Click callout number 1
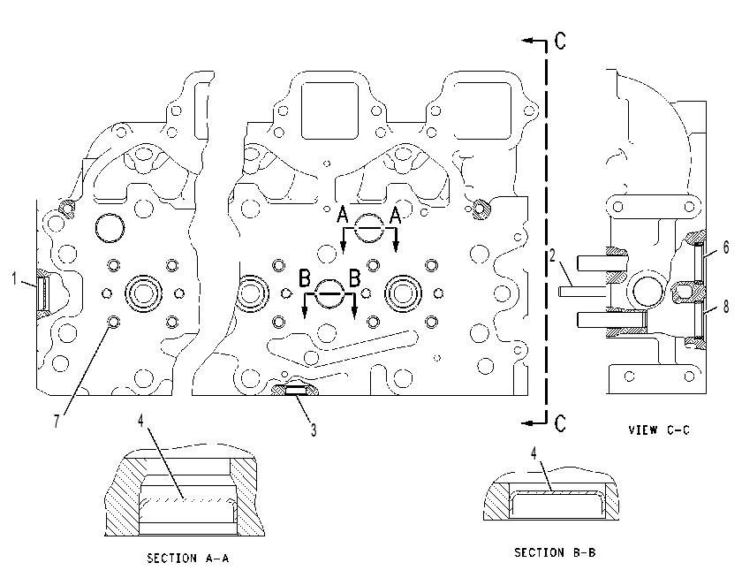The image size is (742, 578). click(x=15, y=278)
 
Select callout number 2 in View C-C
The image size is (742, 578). click(x=552, y=255)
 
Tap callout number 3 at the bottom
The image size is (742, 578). click(x=314, y=430)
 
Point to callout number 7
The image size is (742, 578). click(x=57, y=421)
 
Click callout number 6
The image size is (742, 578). click(x=726, y=247)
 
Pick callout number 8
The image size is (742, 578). click(x=726, y=307)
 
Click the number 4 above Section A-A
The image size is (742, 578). click(x=140, y=420)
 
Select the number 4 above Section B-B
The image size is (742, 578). click(x=534, y=453)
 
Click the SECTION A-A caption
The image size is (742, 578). click(x=188, y=559)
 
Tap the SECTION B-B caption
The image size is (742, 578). click(x=555, y=552)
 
